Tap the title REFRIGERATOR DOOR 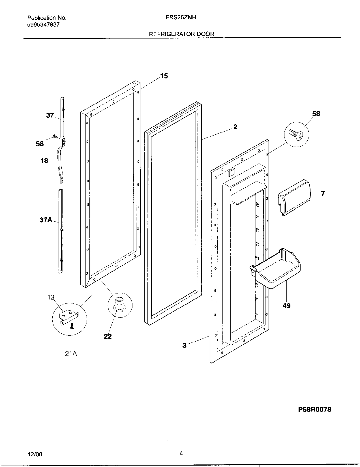click(x=181, y=34)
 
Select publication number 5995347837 click(x=43, y=25)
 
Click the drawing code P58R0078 click(x=314, y=409)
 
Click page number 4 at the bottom click(x=181, y=453)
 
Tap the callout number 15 click(x=164, y=76)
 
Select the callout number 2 click(x=235, y=127)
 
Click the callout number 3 click(x=184, y=345)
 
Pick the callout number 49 click(x=286, y=306)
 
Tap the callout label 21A click(x=71, y=353)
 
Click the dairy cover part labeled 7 click(x=294, y=197)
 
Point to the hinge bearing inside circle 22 click(x=119, y=304)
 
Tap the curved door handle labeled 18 click(x=60, y=160)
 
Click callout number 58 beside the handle click(x=40, y=144)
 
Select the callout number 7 click(x=323, y=194)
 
